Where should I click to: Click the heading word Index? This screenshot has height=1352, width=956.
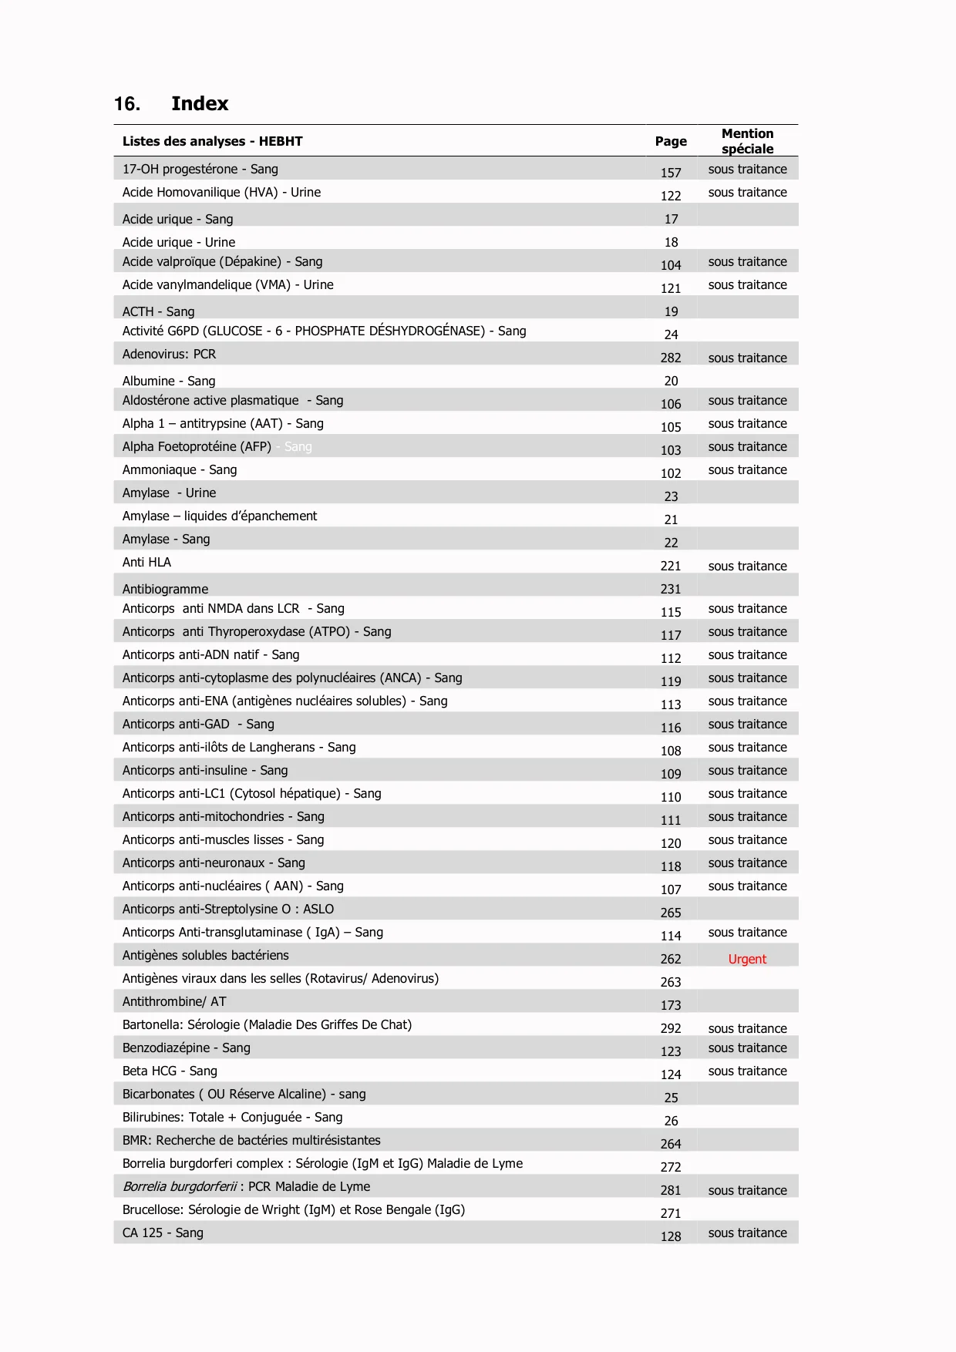point(200,104)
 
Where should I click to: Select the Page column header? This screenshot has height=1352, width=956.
point(671,141)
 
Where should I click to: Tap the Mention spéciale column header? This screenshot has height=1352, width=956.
point(747,141)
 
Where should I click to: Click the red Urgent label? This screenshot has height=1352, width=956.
point(747,959)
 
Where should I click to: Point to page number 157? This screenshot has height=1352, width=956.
point(671,173)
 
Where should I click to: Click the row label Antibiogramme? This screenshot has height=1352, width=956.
point(165,589)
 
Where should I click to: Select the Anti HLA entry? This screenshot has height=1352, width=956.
point(146,562)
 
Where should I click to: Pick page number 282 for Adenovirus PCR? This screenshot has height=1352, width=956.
point(671,358)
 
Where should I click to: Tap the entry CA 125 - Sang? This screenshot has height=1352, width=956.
point(163,1233)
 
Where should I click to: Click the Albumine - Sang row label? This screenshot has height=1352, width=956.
point(169,381)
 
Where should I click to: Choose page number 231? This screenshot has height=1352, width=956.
point(671,589)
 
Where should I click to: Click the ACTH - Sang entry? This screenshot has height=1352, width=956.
point(158,311)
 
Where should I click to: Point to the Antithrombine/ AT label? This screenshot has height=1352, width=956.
point(174,1001)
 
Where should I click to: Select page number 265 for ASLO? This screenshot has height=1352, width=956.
point(671,913)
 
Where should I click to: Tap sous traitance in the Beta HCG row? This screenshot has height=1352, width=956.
point(747,1071)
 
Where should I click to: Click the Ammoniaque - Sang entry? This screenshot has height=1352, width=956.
point(180,469)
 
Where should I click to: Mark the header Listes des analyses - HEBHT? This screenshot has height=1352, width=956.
point(212,141)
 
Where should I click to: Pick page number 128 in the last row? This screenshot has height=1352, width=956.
point(671,1236)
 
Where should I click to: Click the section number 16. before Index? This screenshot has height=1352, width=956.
point(127,104)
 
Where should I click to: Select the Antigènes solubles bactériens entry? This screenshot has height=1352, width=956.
point(205,955)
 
